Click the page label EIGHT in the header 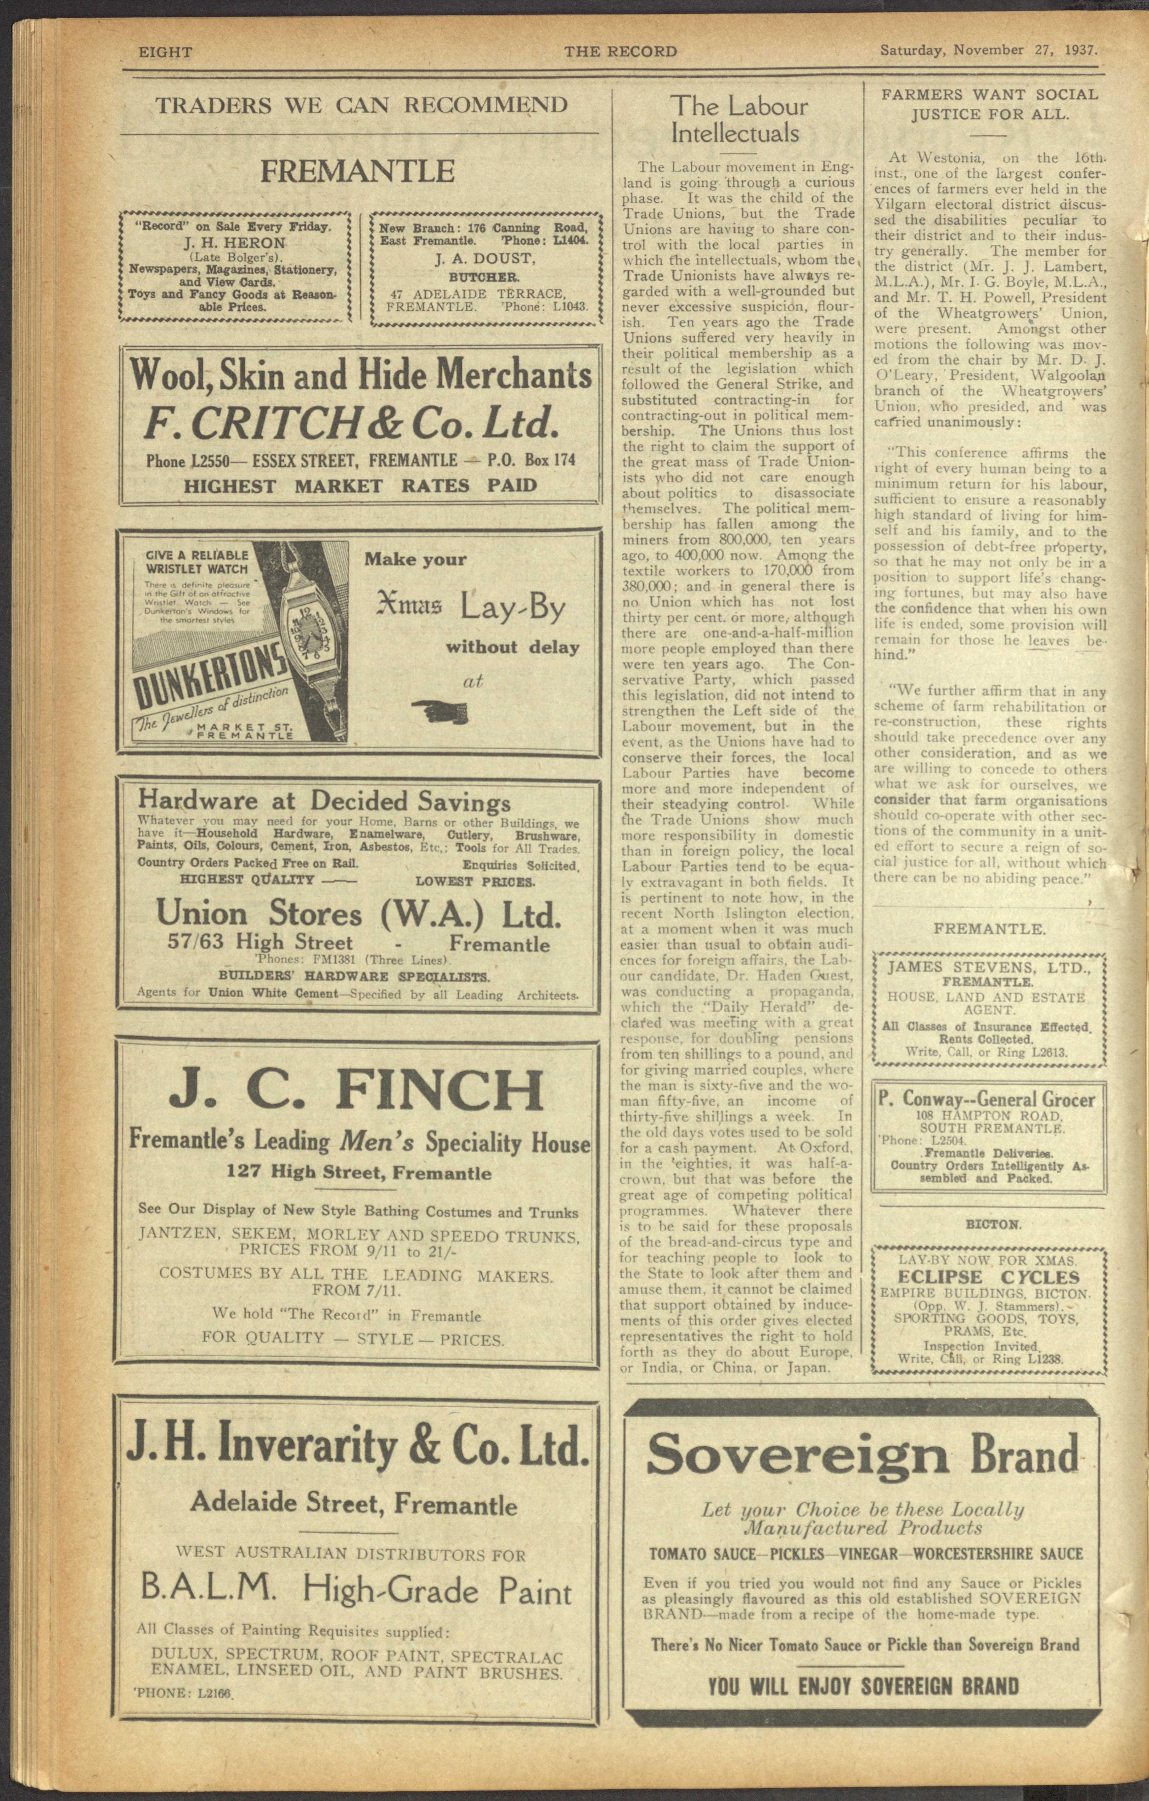coord(165,52)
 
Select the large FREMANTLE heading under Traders coord(358,171)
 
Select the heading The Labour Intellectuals coord(738,120)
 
